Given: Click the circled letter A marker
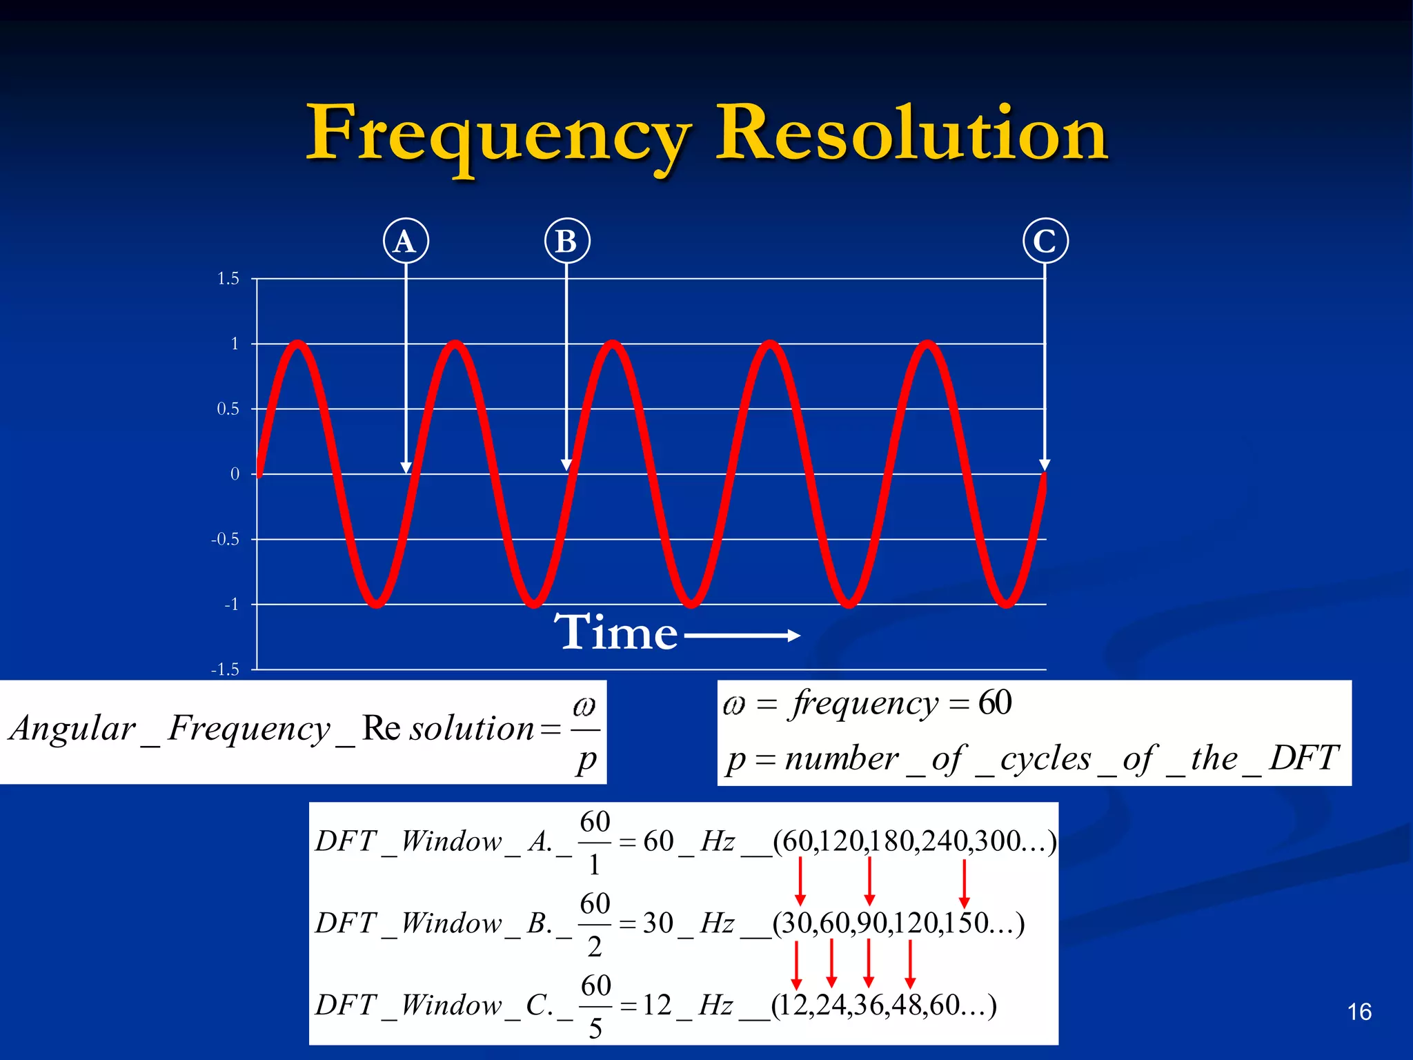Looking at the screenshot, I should [x=406, y=241].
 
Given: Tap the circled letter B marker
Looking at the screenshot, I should [x=566, y=241].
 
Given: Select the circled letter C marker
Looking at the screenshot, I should [x=1045, y=241].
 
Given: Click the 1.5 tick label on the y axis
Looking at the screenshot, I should [x=228, y=279].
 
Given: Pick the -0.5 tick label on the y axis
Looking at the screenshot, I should [x=225, y=539].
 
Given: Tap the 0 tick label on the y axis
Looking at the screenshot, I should [x=235, y=474].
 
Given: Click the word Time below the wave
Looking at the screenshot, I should [x=616, y=632].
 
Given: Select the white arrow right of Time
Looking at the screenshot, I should [x=742, y=636].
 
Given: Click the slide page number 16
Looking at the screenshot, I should [x=1359, y=1012].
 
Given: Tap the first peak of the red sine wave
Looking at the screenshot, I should [x=298, y=343].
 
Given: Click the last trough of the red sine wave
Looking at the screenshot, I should [x=1007, y=605].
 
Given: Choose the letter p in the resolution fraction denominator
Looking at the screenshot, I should [x=586, y=759].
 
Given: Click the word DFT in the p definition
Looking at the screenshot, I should [x=1304, y=758].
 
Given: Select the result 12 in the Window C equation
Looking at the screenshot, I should [x=657, y=1005].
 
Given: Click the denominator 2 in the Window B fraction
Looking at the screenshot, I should [x=595, y=947].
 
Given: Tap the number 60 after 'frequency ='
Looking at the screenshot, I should [x=995, y=703].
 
